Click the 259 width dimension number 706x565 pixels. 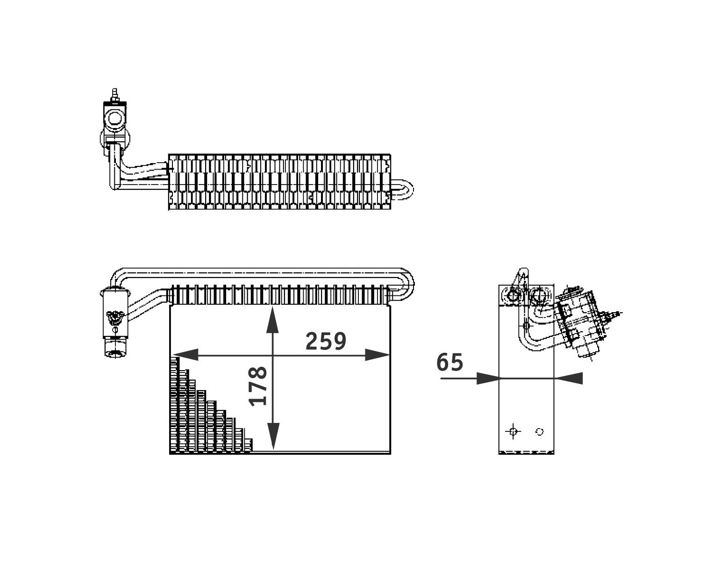[x=326, y=342]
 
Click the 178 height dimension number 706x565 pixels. [x=258, y=386]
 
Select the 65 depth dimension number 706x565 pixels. [x=450, y=362]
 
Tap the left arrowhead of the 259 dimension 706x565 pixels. [x=185, y=355]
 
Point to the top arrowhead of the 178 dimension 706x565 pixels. [x=273, y=320]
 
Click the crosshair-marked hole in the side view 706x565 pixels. [x=513, y=431]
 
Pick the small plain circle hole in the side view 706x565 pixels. [x=540, y=432]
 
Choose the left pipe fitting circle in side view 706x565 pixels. [x=513, y=295]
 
